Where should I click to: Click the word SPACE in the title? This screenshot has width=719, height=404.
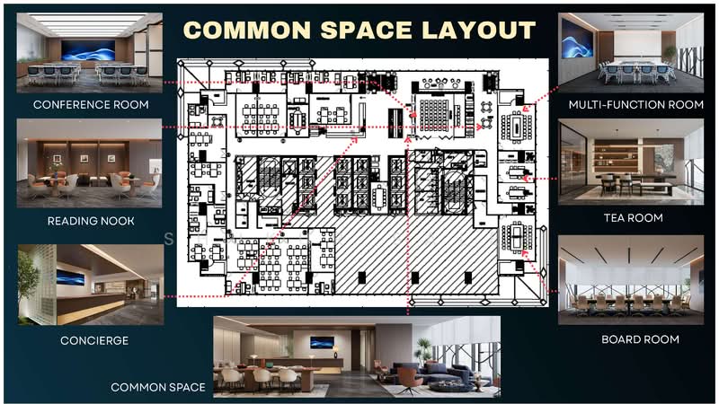366,31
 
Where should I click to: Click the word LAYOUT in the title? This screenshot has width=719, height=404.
478,31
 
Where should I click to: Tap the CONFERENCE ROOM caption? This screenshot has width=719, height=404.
91,105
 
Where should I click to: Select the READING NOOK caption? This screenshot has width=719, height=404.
91,221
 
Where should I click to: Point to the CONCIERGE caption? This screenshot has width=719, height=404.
94,341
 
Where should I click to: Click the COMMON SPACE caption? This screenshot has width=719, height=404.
158,388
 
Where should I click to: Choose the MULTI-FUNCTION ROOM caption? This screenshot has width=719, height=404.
636,105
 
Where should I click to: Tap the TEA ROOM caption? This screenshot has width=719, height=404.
634,218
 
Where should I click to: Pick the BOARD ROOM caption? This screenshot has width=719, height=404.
640,339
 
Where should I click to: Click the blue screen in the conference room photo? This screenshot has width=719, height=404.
88,50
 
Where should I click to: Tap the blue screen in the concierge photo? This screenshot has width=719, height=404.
71,277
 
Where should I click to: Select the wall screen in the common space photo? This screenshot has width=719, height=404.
322,342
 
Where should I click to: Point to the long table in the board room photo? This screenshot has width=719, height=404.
633,307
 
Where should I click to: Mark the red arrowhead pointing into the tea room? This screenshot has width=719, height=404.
526,178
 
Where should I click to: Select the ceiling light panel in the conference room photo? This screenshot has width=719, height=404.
88,25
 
